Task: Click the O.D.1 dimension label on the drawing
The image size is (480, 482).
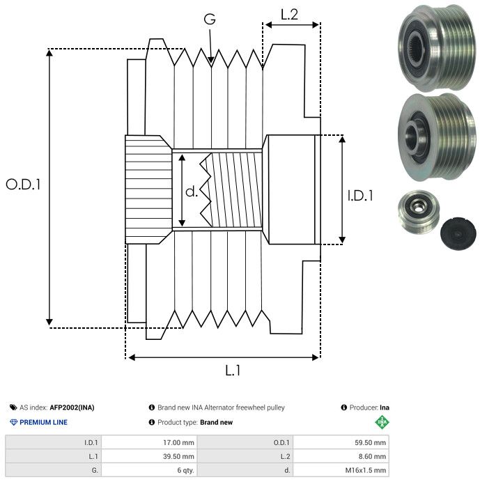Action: [23, 185]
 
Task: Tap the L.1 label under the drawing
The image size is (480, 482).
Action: [233, 371]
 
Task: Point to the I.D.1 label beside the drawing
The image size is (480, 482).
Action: [360, 196]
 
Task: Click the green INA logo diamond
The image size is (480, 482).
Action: [381, 421]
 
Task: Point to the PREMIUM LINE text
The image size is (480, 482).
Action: [44, 422]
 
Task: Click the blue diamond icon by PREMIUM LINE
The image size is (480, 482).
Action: [13, 422]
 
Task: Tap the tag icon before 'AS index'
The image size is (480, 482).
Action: [13, 407]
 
